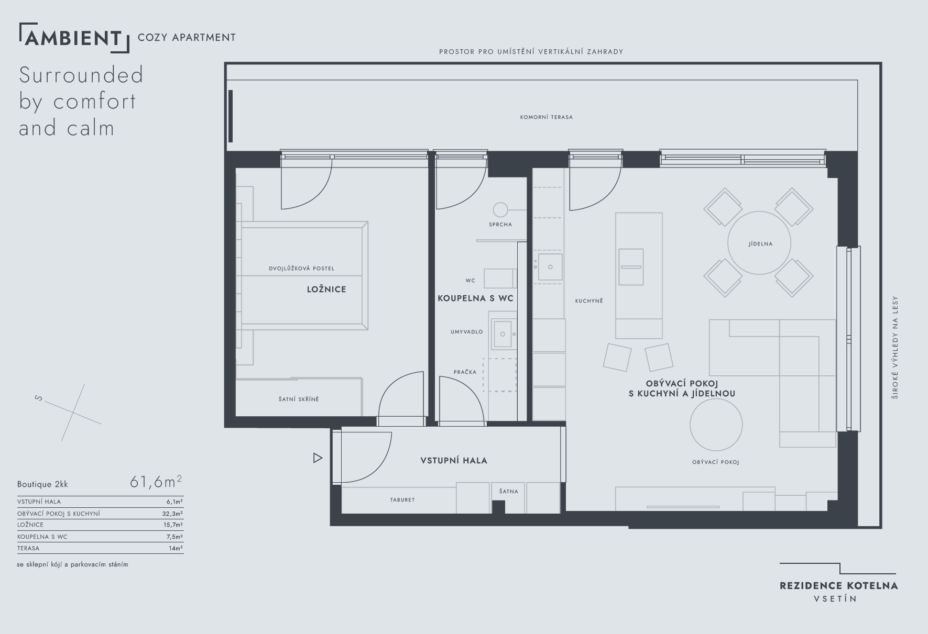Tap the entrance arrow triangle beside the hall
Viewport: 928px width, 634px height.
[318, 458]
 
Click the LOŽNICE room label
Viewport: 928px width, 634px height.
[326, 289]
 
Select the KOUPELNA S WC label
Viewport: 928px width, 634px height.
[475, 298]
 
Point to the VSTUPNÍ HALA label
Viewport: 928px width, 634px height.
[454, 461]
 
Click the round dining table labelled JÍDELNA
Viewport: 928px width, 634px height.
[759, 243]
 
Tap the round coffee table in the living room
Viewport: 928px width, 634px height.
[716, 425]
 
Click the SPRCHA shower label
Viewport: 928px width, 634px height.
[500, 225]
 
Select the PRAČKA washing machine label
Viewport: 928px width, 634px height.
[465, 372]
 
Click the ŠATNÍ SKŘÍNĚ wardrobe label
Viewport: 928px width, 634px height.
[299, 399]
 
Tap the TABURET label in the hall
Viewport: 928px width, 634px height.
[402, 500]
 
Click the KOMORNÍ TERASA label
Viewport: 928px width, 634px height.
[547, 117]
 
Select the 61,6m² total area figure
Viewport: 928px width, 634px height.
[156, 481]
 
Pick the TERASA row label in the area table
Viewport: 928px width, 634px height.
[28, 548]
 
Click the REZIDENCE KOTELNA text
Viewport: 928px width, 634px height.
[839, 586]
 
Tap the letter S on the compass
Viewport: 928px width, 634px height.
[38, 398]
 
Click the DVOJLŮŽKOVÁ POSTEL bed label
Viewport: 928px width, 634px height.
[301, 269]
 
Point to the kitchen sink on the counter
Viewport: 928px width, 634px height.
[550, 267]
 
